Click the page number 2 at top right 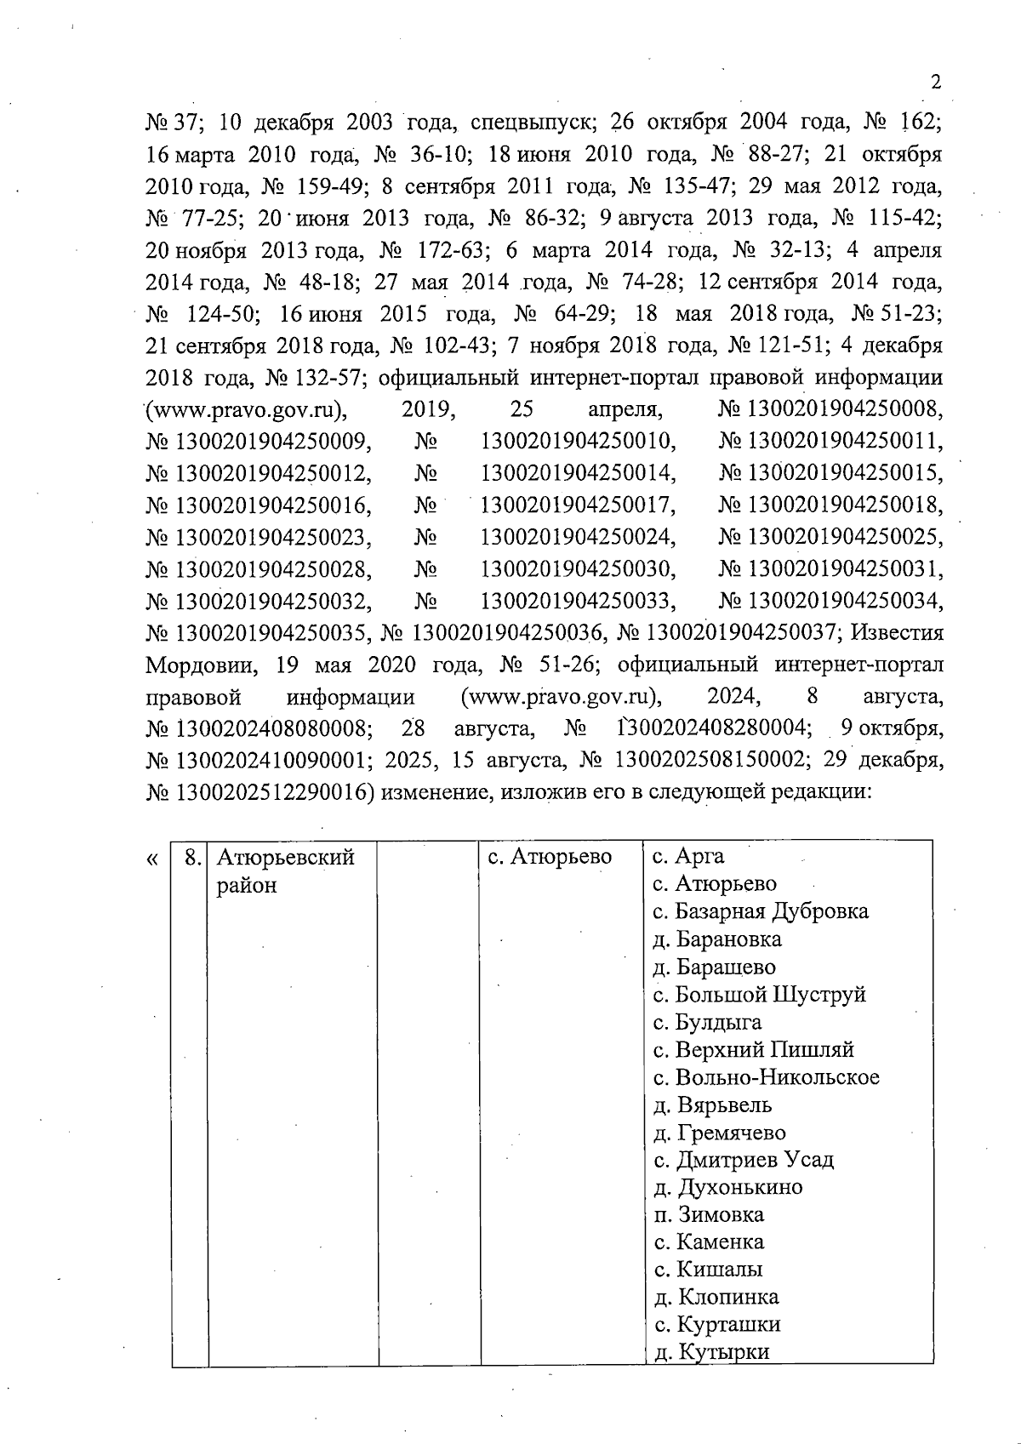[x=936, y=83]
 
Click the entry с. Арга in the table [x=687, y=857]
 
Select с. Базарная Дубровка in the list [x=760, y=911]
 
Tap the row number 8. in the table [x=191, y=857]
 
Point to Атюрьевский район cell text [x=284, y=870]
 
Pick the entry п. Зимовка [x=708, y=1214]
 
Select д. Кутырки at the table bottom [x=710, y=1351]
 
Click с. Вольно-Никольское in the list [x=766, y=1077]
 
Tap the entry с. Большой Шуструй [x=759, y=995]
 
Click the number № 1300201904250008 [x=830, y=410]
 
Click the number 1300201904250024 [x=579, y=537]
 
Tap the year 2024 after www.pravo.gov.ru [x=733, y=697]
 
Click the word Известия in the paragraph [x=897, y=632]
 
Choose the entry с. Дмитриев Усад [x=743, y=1160]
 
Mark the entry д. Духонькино [x=727, y=1187]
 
